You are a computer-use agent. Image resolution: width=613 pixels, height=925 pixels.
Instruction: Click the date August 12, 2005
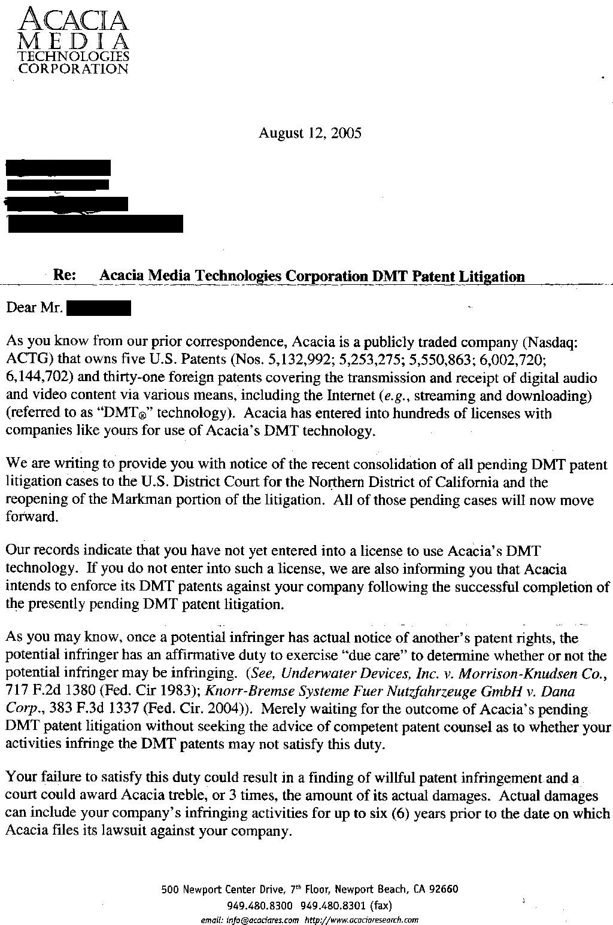(309, 133)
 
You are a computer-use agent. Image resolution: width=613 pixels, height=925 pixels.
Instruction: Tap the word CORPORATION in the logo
(74, 68)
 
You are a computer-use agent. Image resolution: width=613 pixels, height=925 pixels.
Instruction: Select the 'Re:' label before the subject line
(65, 275)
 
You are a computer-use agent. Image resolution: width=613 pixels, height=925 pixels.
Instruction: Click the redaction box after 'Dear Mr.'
(99, 309)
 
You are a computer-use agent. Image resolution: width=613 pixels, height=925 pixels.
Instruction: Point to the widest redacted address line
(95, 224)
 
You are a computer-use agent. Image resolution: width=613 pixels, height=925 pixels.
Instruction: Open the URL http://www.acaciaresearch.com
(362, 920)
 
